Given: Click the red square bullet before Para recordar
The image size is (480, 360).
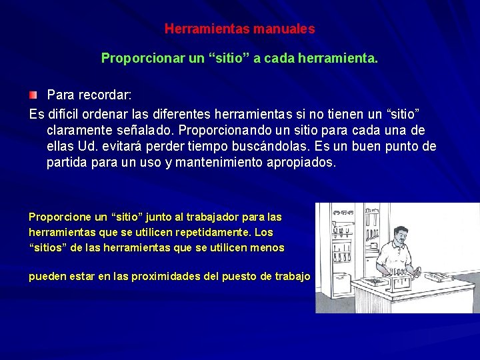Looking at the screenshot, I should click(x=33, y=95).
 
